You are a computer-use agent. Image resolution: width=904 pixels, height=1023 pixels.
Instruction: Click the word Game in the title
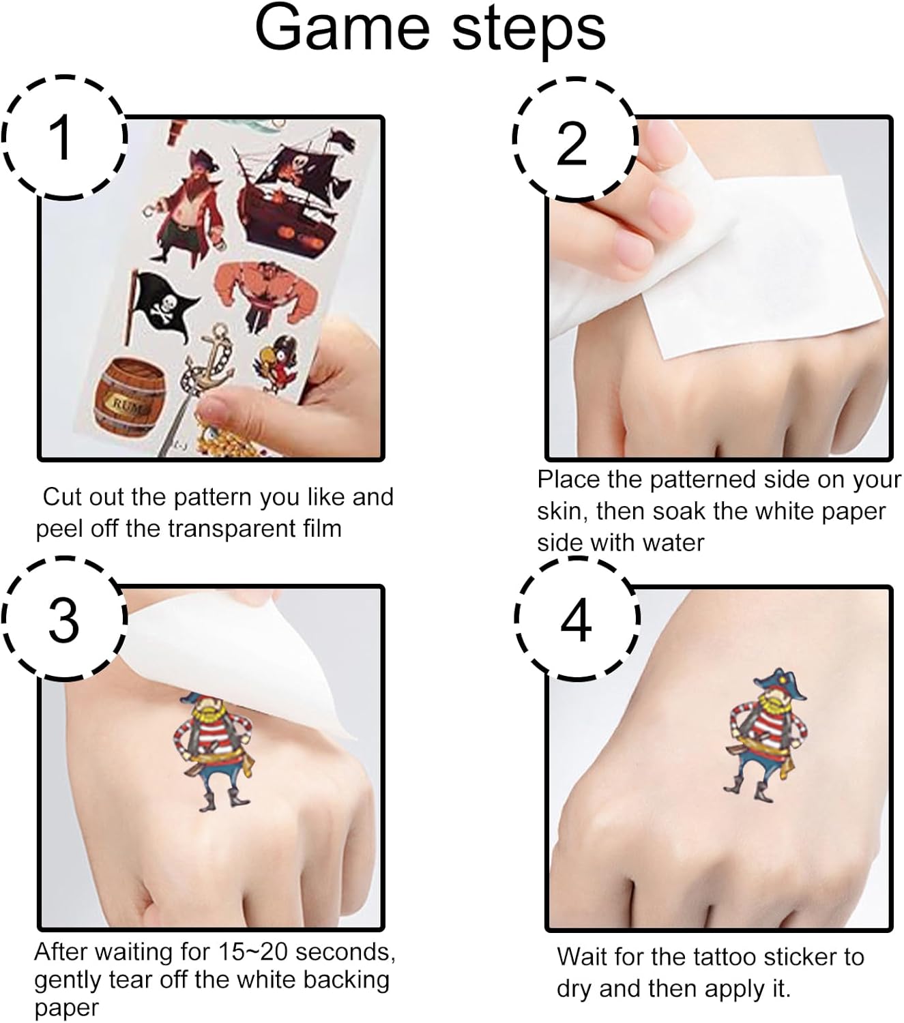pyautogui.click(x=342, y=29)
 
